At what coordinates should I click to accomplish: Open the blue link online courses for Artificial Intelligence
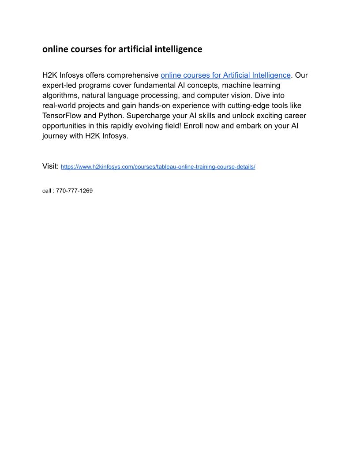pyautogui.click(x=225, y=75)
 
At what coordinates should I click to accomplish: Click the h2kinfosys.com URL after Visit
pyautogui.click(x=158, y=167)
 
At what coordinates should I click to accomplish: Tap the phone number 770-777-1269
pyautogui.click(x=74, y=191)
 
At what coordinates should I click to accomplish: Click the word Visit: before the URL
pyautogui.click(x=50, y=166)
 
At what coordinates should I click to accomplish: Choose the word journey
pyautogui.click(x=55, y=136)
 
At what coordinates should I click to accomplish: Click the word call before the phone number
pyautogui.click(x=46, y=191)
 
